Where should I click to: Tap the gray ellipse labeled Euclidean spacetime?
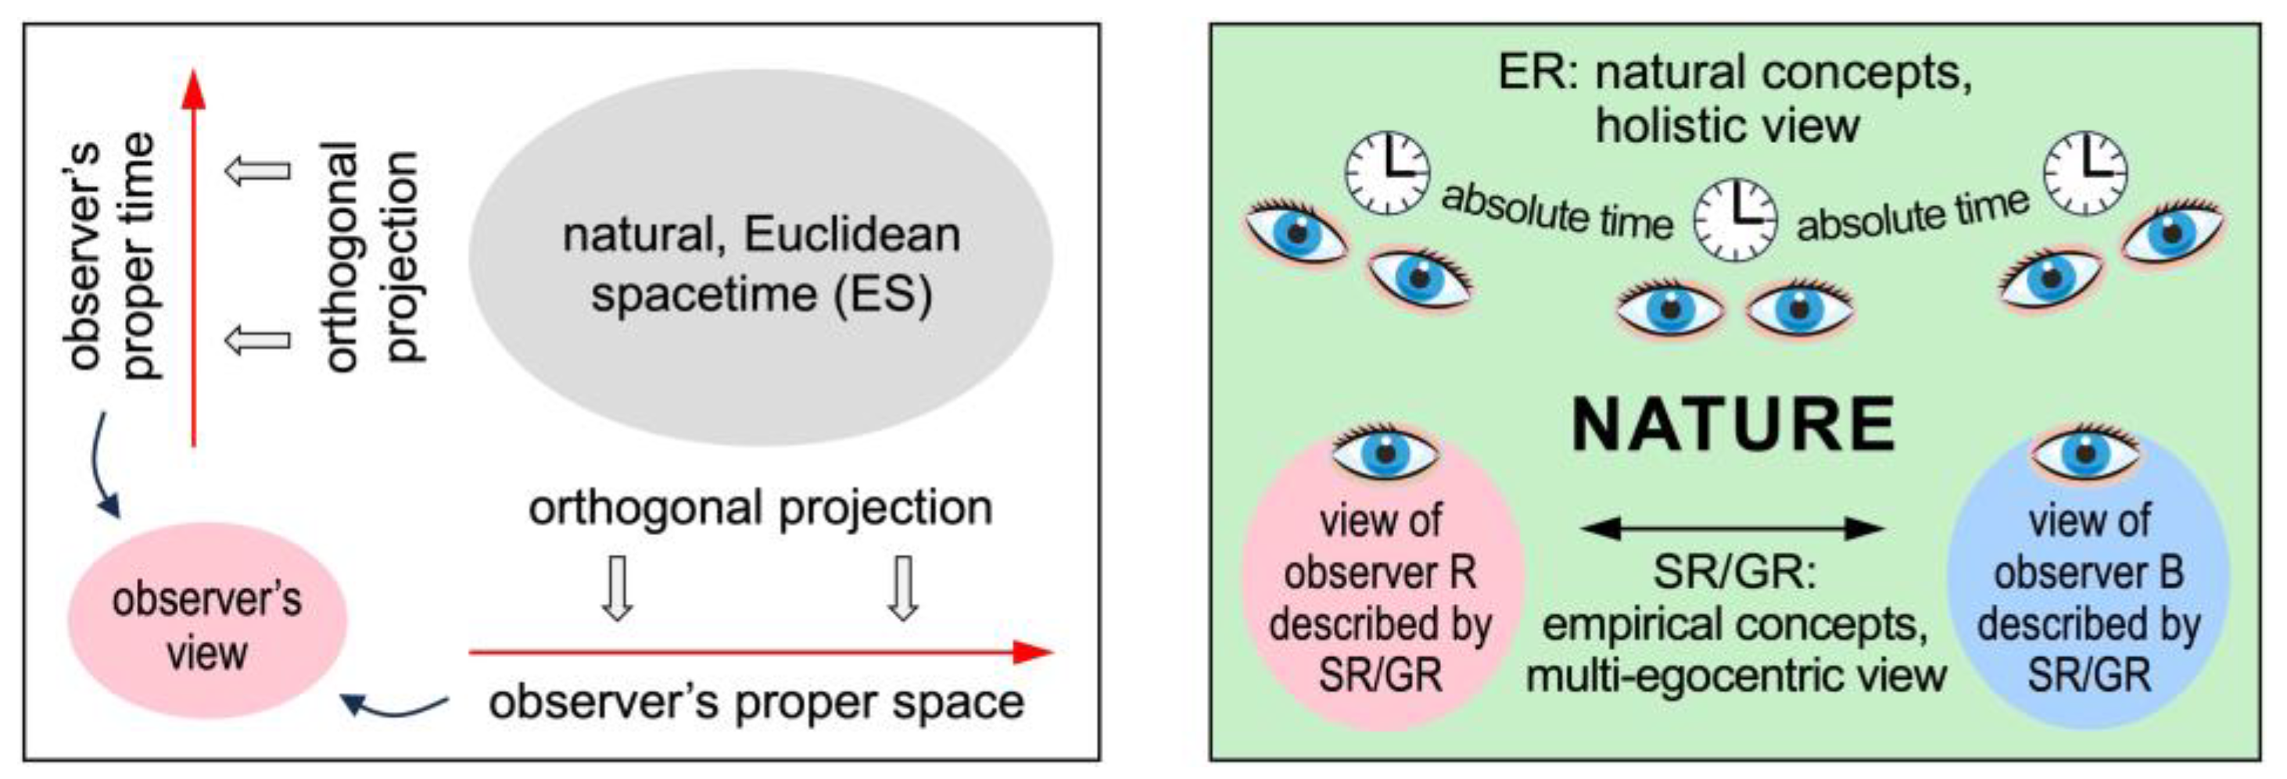761,257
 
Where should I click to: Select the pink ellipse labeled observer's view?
207,621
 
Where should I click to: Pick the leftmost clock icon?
1388,173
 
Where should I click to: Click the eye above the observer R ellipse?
1384,453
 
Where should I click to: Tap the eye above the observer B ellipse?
2084,453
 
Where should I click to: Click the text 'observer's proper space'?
756,702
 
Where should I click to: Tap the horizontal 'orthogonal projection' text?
760,508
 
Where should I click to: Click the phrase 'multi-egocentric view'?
1736,676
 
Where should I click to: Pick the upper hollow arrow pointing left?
258,170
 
